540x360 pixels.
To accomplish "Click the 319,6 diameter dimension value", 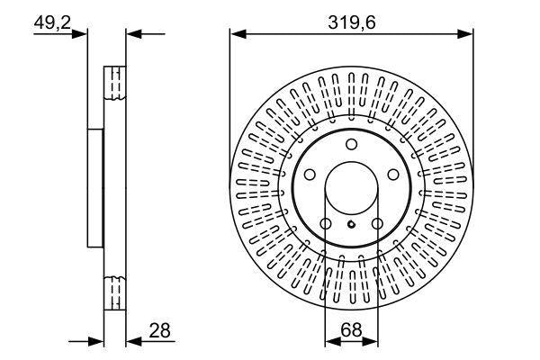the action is tap(352, 23).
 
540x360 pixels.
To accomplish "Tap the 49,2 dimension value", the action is tap(52, 23).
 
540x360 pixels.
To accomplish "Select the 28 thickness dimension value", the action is tap(159, 330).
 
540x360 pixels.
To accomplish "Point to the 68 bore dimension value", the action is tap(351, 330).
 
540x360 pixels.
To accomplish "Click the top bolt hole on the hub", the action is tap(351, 144).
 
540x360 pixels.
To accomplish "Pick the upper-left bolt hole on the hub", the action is tap(310, 175).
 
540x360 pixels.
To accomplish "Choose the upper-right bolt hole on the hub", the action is tap(393, 175).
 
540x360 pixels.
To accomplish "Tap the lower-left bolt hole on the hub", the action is tap(326, 224).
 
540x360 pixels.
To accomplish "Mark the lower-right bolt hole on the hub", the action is tap(377, 224).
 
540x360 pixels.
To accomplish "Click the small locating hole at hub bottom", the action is tap(351, 225).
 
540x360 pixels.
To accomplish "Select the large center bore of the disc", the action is tap(351, 188).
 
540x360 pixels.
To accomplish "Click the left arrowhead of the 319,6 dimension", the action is tap(238, 34).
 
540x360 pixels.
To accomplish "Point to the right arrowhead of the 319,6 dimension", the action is tap(465, 34).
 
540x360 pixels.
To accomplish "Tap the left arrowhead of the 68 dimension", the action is tap(333, 341).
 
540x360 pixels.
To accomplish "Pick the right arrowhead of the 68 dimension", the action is tap(370, 341).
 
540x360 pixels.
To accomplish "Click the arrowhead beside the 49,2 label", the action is tap(79, 34).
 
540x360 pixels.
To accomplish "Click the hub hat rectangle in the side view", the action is tap(95, 188).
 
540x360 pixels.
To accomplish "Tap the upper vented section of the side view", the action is tap(115, 83).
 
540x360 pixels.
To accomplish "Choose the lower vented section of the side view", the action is tap(115, 292).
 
